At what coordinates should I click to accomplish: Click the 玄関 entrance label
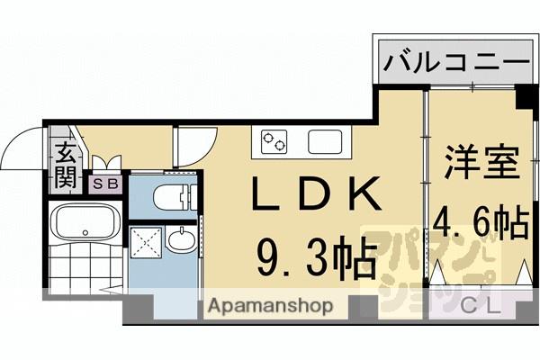(x=65, y=165)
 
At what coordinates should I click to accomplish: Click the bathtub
(x=83, y=220)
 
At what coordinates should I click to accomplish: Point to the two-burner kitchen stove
(x=274, y=140)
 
